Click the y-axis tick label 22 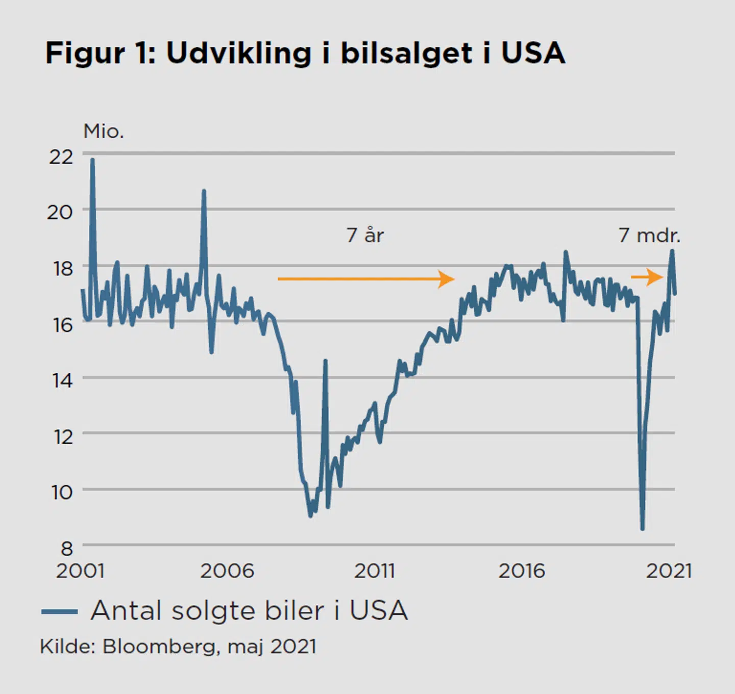pyautogui.click(x=61, y=157)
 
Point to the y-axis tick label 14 pyautogui.click(x=62, y=380)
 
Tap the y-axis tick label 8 pyautogui.click(x=67, y=548)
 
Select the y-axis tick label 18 pyautogui.click(x=62, y=268)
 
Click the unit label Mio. pyautogui.click(x=104, y=132)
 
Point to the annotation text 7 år pyautogui.click(x=365, y=235)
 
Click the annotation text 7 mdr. pyautogui.click(x=649, y=235)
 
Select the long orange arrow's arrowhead pyautogui.click(x=447, y=279)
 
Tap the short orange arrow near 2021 pyautogui.click(x=647, y=277)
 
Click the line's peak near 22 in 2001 pyautogui.click(x=92, y=160)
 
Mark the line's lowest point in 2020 pyautogui.click(x=642, y=528)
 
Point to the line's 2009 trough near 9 pyautogui.click(x=311, y=516)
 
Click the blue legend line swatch pyautogui.click(x=60, y=611)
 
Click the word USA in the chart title pyautogui.click(x=533, y=53)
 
